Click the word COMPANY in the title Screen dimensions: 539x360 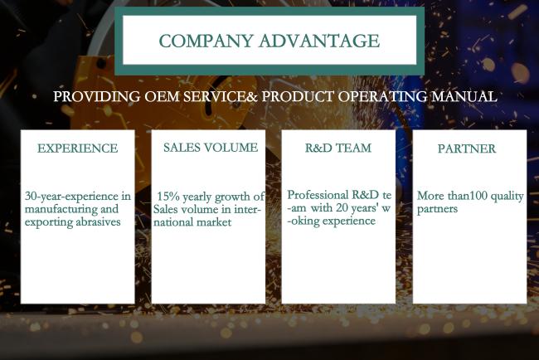pyautogui.click(x=206, y=41)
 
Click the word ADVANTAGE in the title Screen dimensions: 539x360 pyautogui.click(x=320, y=41)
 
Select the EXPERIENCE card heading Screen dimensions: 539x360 pyautogui.click(x=78, y=148)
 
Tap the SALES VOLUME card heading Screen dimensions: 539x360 pyautogui.click(x=211, y=148)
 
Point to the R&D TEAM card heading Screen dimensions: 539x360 pyautogui.click(x=338, y=148)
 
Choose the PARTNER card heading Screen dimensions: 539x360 pyautogui.click(x=467, y=148)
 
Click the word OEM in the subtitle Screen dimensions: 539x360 pyautogui.click(x=162, y=96)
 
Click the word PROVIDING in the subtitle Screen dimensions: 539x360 pyautogui.click(x=97, y=96)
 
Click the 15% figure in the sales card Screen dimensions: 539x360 pyautogui.click(x=168, y=197)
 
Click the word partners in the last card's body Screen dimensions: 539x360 pyautogui.click(x=437, y=209)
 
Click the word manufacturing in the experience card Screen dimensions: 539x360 pyautogui.click(x=61, y=209)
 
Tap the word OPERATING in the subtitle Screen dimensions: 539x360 pyautogui.click(x=382, y=96)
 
